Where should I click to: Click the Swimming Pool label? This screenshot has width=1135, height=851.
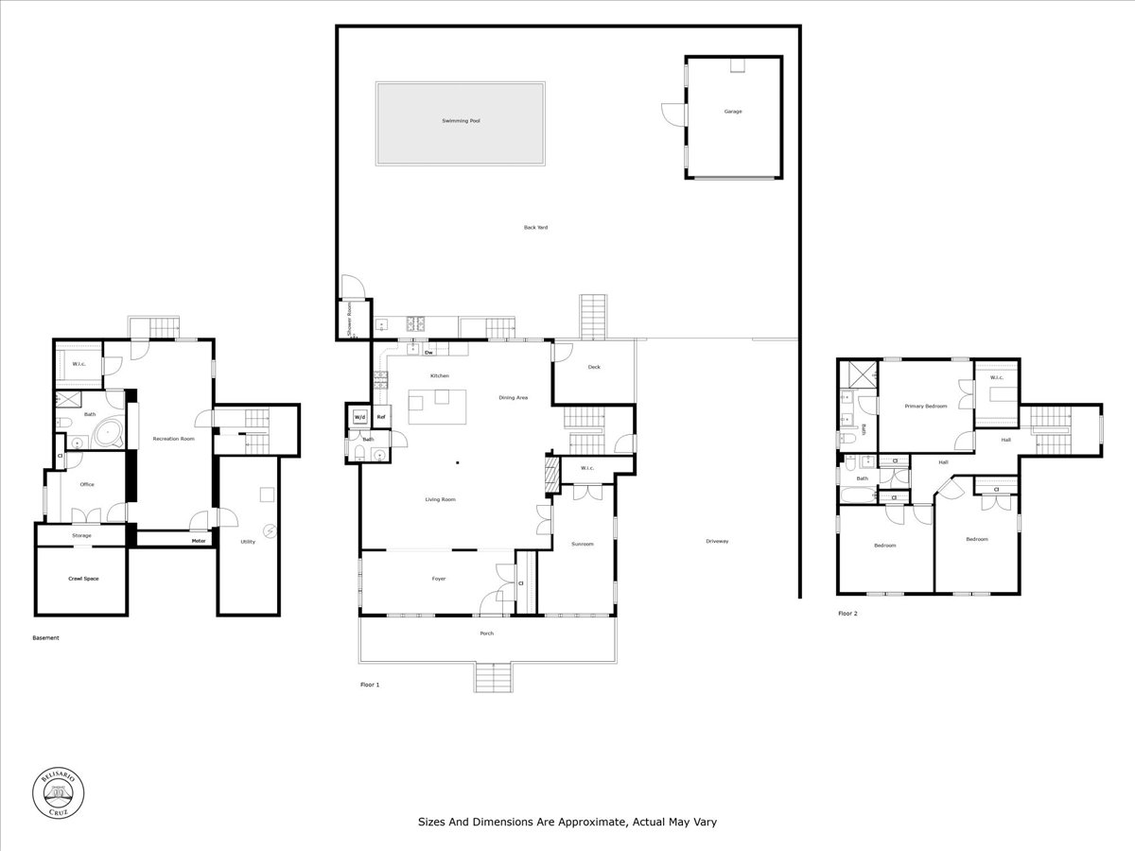pos(462,121)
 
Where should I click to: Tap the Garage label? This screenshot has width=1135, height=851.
pos(733,112)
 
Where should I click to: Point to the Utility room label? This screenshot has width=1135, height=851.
pos(248,542)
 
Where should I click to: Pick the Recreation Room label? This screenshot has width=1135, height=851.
pos(174,439)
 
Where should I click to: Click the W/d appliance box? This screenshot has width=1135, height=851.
pos(359,417)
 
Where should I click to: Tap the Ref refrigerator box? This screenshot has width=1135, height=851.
pos(381,417)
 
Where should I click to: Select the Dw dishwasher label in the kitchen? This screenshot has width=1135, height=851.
pos(428,353)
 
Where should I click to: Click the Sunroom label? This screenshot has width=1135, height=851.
pos(582,544)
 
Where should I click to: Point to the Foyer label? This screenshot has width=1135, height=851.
pos(439,578)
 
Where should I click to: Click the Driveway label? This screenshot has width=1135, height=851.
pos(717,541)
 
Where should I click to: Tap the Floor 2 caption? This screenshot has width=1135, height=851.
pos(847,613)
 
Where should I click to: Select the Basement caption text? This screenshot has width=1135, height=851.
pos(45,637)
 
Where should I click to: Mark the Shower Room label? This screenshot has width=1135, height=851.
pos(350,320)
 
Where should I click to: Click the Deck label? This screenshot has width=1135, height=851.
pos(594,367)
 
